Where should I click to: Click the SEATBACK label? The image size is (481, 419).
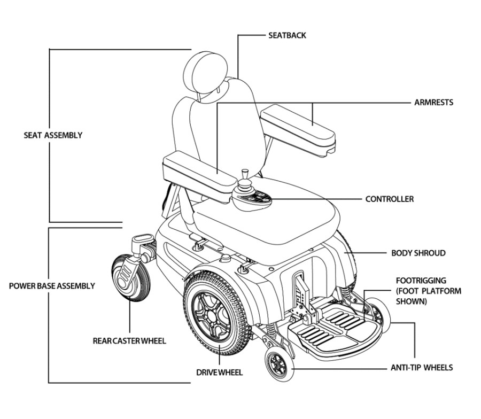pyautogui.click(x=287, y=36)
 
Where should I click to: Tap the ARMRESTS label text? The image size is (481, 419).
pyautogui.click(x=433, y=102)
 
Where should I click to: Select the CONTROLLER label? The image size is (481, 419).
pyautogui.click(x=389, y=199)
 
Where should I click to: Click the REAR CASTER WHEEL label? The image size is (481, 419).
pyautogui.click(x=129, y=341)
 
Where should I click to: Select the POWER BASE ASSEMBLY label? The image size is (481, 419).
pyautogui.click(x=52, y=285)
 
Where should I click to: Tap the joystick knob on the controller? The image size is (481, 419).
pyautogui.click(x=244, y=173)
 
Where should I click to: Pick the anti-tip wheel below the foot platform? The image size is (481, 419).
pyautogui.click(x=279, y=364)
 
